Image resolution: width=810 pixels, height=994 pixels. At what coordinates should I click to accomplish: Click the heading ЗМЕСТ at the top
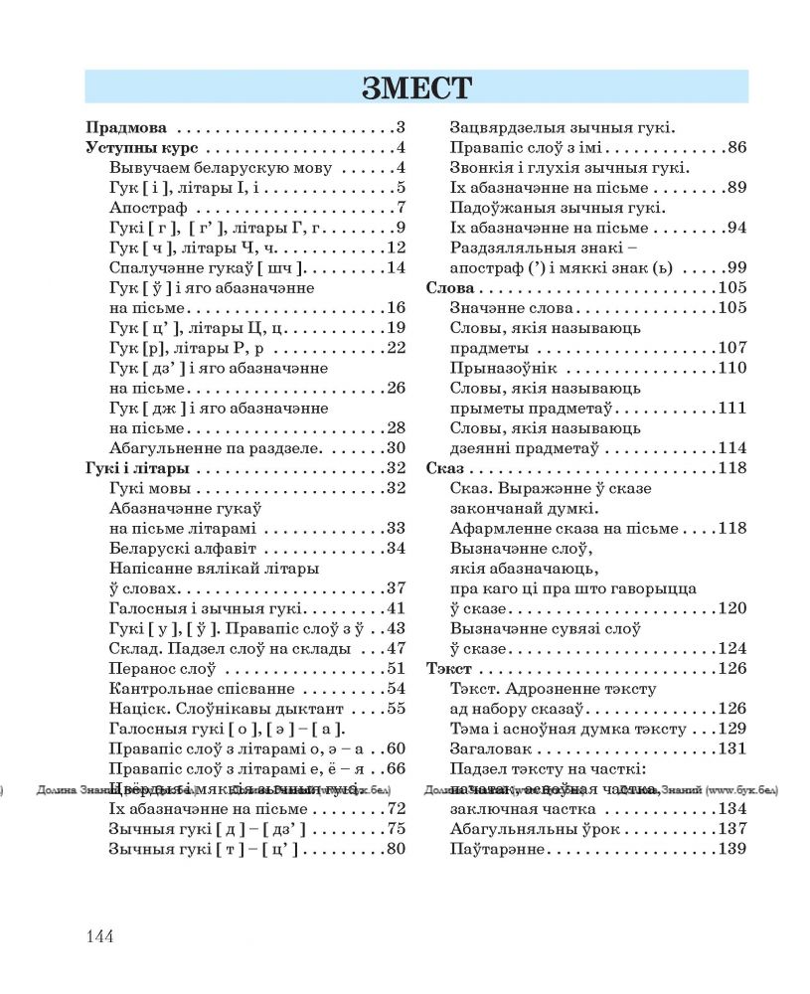coord(416,86)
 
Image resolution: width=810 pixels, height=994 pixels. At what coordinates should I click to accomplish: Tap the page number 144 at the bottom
coord(101,936)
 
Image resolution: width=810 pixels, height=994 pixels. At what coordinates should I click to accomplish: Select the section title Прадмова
coord(126,127)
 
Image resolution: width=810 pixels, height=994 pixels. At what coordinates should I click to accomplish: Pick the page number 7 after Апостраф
coord(402,208)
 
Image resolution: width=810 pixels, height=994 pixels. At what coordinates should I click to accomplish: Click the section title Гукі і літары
coord(137,468)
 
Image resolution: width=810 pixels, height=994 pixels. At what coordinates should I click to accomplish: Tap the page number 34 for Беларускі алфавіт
coord(396,549)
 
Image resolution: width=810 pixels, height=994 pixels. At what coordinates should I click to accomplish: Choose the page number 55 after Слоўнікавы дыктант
coord(396,709)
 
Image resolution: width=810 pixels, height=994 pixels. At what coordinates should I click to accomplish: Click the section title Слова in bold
coord(447,288)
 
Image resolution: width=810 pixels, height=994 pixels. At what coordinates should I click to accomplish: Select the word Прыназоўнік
coord(502,368)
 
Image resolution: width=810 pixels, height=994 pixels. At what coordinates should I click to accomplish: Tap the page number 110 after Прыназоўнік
coord(731,368)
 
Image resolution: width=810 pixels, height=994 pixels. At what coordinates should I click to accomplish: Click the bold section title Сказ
coord(443,468)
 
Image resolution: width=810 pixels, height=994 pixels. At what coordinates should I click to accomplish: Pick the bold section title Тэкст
coord(448,669)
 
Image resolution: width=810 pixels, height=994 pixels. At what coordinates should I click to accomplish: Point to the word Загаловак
coord(491,748)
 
